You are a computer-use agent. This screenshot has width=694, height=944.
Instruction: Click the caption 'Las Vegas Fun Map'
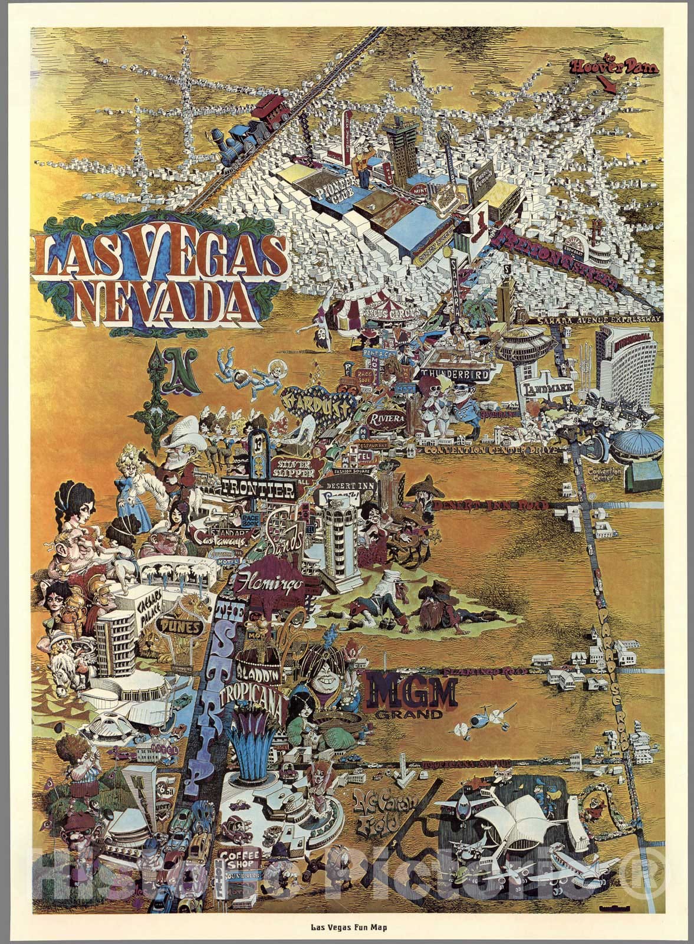coord(347,931)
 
